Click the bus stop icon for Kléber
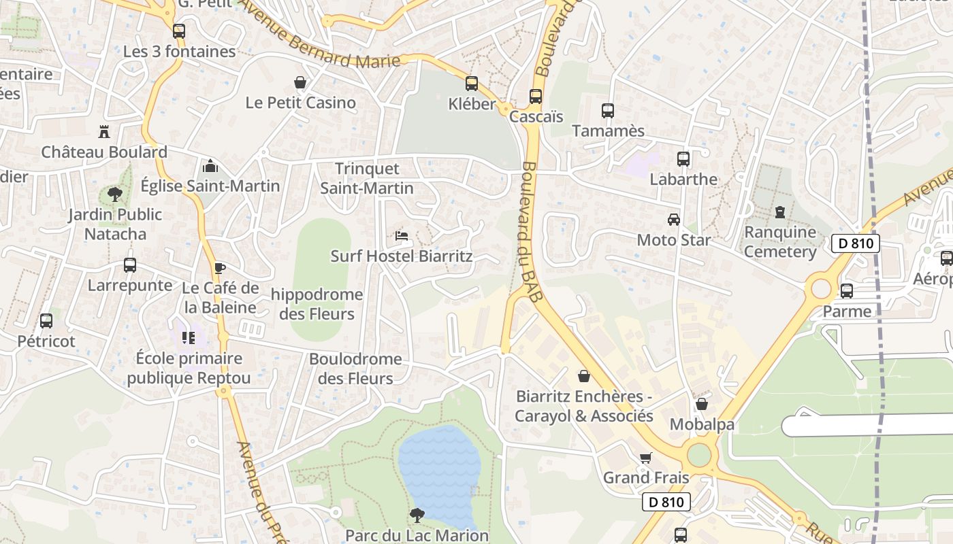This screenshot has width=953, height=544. click(x=471, y=84)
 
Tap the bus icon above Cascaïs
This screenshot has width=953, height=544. click(x=536, y=97)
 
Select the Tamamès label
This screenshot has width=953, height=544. click(x=608, y=131)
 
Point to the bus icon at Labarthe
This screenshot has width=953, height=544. click(x=683, y=159)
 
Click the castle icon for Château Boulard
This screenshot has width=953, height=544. click(x=104, y=131)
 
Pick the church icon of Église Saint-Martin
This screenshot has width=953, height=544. click(x=210, y=166)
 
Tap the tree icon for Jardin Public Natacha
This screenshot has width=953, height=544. click(x=115, y=194)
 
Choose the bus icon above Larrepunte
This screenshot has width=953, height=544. click(x=129, y=265)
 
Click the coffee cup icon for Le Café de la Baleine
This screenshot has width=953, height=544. click(x=219, y=268)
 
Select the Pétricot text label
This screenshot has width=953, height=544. click(x=46, y=341)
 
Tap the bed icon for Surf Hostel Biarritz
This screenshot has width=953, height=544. click(x=402, y=236)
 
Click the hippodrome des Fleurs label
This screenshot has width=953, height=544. click(x=317, y=304)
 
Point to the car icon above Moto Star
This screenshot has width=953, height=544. click(x=673, y=220)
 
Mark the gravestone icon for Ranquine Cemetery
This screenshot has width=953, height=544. click(x=779, y=212)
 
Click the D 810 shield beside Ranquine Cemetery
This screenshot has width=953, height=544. click(x=855, y=243)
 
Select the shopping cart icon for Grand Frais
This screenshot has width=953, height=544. click(x=645, y=458)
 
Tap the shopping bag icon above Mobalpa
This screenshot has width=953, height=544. click(x=702, y=404)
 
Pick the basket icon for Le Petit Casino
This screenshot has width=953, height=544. click(x=300, y=82)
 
